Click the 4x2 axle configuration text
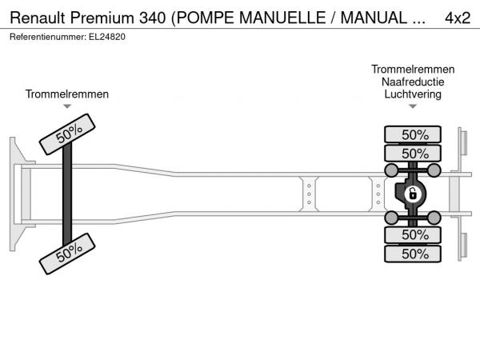(458, 18)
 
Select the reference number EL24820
(107, 37)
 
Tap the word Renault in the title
(38, 18)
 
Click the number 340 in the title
(153, 18)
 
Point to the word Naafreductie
(413, 82)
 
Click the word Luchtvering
(413, 94)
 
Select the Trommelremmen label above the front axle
(67, 94)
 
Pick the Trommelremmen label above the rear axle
(413, 69)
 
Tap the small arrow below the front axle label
(67, 106)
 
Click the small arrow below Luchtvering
(413, 106)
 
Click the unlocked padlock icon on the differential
(413, 194)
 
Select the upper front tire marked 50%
(67, 134)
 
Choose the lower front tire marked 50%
(67, 254)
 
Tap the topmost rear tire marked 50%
(413, 134)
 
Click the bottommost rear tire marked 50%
(413, 254)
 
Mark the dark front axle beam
(67, 194)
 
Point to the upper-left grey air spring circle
(391, 170)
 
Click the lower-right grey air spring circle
(434, 218)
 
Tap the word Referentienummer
(48, 37)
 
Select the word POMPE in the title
(206, 18)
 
